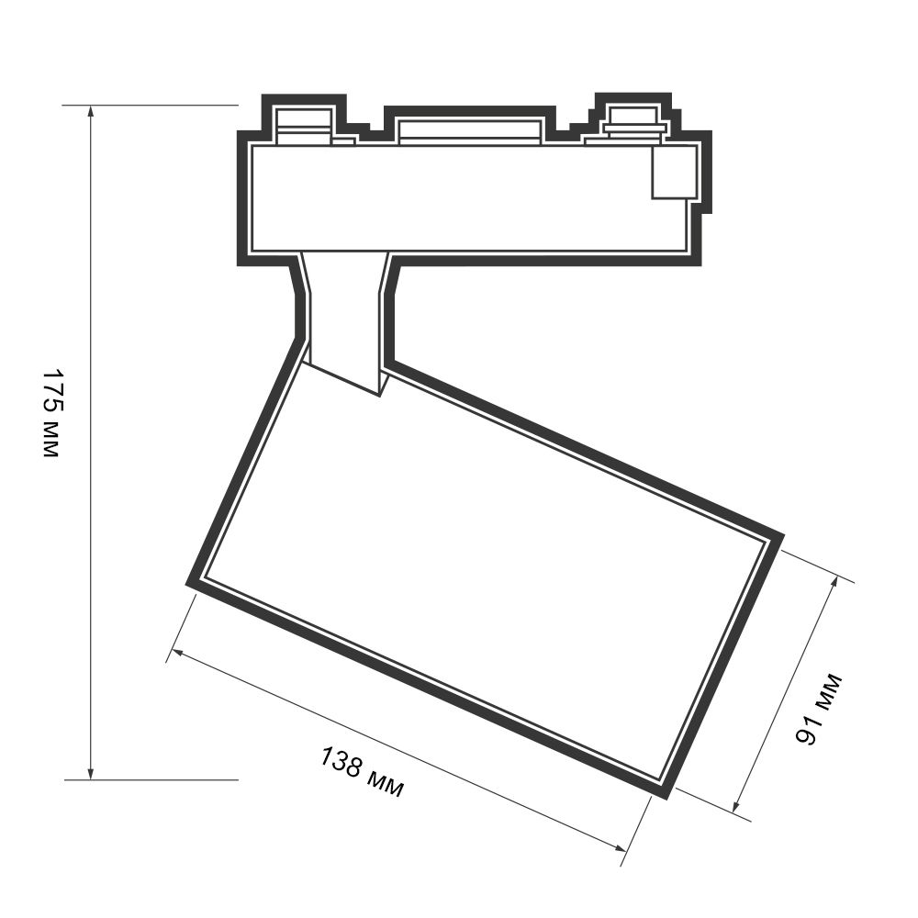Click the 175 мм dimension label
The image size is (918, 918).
(52, 413)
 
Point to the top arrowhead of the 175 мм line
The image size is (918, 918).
(90, 111)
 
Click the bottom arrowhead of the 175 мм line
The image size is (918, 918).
(90, 773)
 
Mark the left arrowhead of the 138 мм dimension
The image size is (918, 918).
(178, 653)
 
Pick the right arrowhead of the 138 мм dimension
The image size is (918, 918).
(621, 846)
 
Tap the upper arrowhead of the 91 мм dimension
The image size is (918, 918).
(834, 582)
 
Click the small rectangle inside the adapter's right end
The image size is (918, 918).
(675, 173)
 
